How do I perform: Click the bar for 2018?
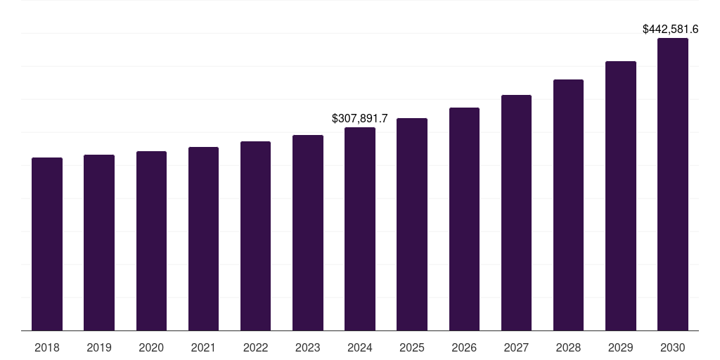coord(47,244)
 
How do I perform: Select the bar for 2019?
coord(99,243)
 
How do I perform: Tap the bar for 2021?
coord(203,239)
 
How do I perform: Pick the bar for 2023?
coord(308,233)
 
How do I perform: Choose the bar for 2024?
coord(360,229)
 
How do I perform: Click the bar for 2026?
coord(464,219)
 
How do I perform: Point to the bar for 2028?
coord(568,205)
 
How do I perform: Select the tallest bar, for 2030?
coord(673,184)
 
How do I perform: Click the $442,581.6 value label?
coord(670,30)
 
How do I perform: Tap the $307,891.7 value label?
coord(359,119)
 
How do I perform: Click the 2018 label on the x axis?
coord(47,348)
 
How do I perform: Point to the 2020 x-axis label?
coord(151,348)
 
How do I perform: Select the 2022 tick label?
coord(255,348)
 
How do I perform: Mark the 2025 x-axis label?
coord(412,348)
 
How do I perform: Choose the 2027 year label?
coord(516,348)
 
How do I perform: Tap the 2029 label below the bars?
coord(620,348)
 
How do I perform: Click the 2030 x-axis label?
coord(673,348)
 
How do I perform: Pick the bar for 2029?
coord(620,196)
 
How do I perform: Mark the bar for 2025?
coord(412,224)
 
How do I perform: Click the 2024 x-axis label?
coord(360,348)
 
